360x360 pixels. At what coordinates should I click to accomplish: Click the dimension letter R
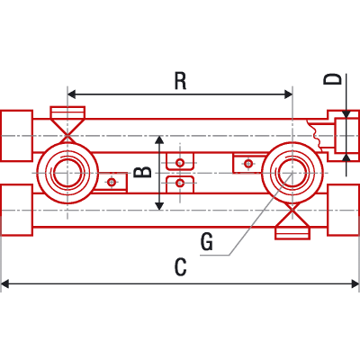tap(181, 81)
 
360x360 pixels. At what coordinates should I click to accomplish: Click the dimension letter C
tap(181, 267)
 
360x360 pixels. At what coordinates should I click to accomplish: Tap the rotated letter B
tap(142, 172)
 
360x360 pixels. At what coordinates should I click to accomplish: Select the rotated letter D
tap(333, 79)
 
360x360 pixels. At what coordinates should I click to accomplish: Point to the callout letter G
tap(207, 242)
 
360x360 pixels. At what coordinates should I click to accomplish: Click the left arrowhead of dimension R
tap(71, 94)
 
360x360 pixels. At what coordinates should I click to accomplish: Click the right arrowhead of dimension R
tap(289, 94)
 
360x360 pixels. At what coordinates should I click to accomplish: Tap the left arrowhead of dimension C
tap(5, 283)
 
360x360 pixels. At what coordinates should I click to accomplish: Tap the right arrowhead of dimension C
tap(355, 283)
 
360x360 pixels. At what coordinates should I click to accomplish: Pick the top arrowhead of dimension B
tap(159, 139)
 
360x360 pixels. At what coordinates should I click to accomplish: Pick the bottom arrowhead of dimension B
tap(159, 206)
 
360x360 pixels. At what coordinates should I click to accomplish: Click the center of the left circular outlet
tap(67, 173)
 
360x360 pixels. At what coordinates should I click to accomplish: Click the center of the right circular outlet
tap(292, 173)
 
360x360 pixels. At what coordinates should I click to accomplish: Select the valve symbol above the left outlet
tap(67, 124)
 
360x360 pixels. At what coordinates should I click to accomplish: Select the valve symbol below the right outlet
tap(292, 221)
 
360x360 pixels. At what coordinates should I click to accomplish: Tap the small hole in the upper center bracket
tap(180, 163)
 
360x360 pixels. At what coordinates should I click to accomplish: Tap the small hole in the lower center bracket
tap(180, 183)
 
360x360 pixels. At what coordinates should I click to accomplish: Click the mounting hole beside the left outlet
tap(112, 182)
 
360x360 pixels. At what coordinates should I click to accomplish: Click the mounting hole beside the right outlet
tap(248, 164)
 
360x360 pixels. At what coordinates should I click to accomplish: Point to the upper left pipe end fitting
tap(17, 136)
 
